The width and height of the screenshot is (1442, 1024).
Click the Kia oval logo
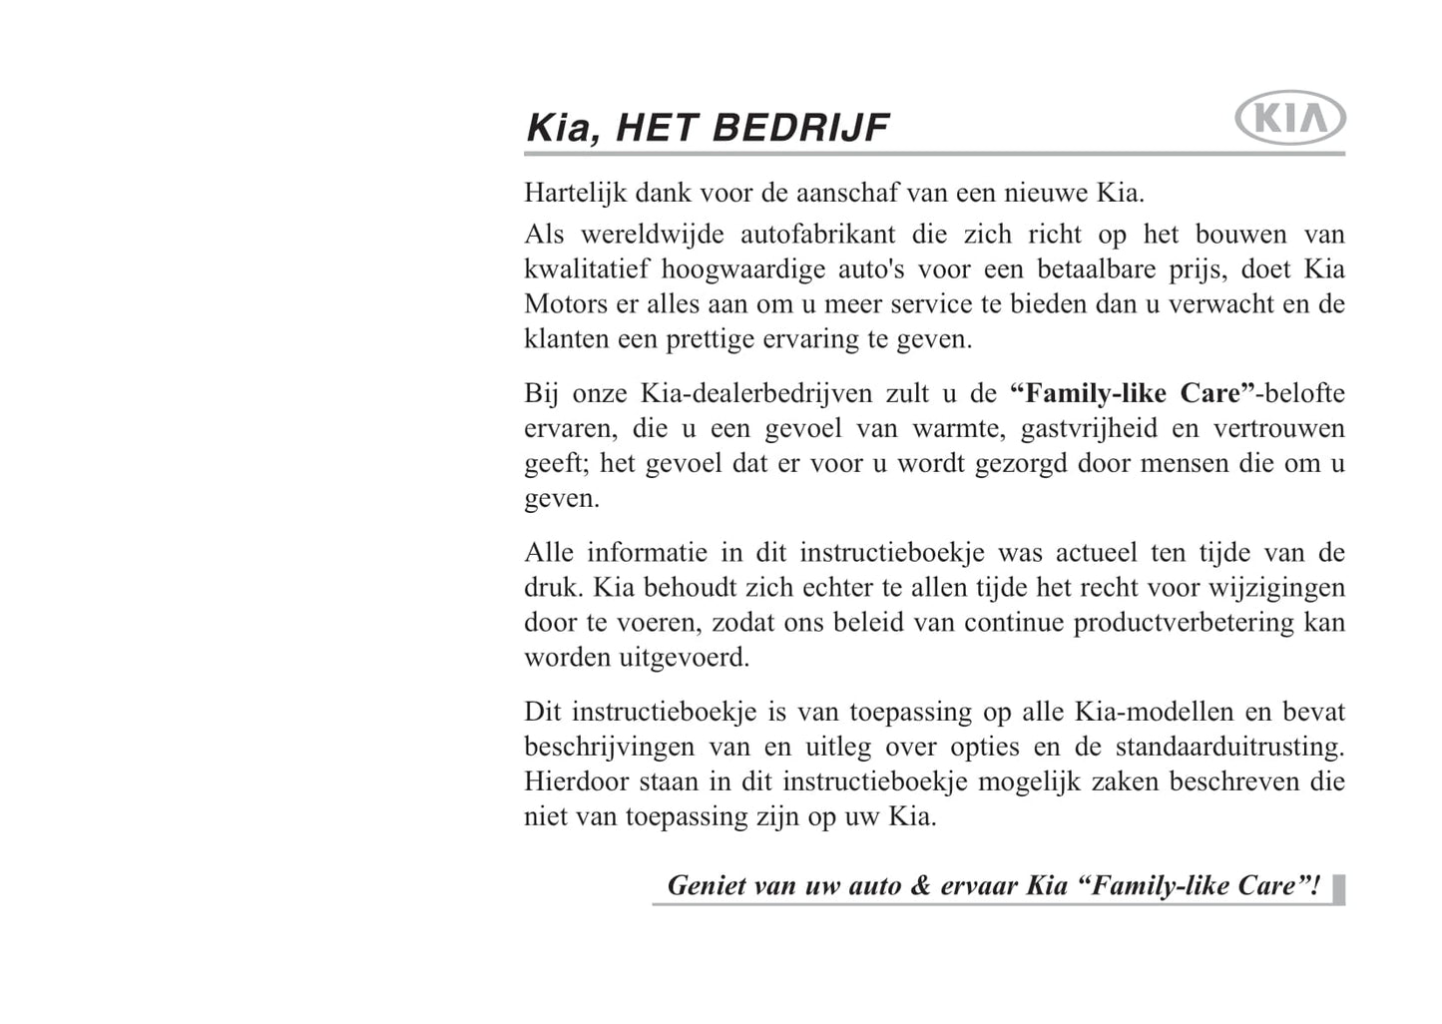tap(1289, 121)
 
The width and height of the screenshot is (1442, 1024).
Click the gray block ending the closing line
tap(1338, 887)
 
